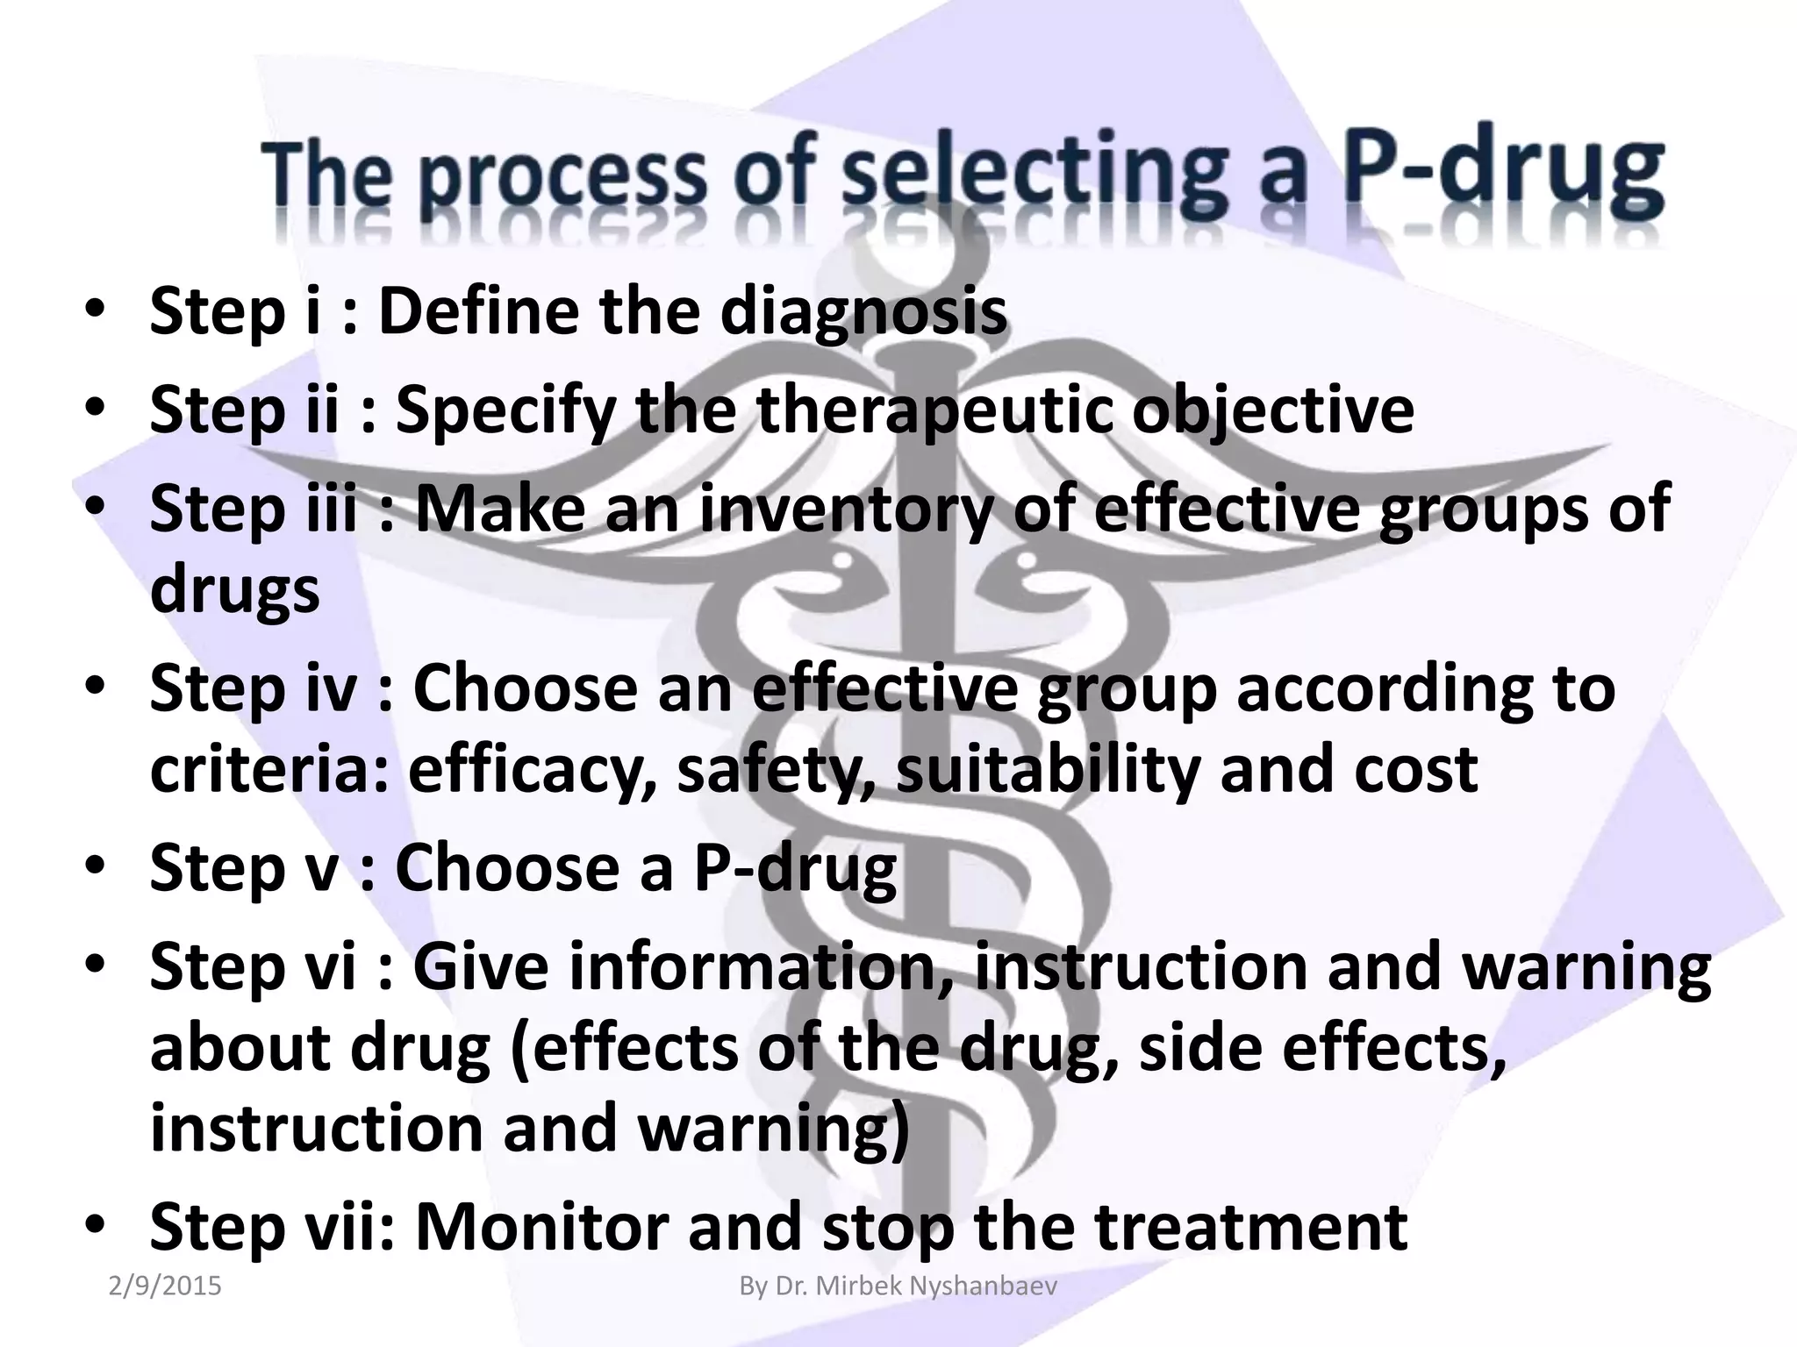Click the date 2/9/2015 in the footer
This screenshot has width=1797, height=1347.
165,1286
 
